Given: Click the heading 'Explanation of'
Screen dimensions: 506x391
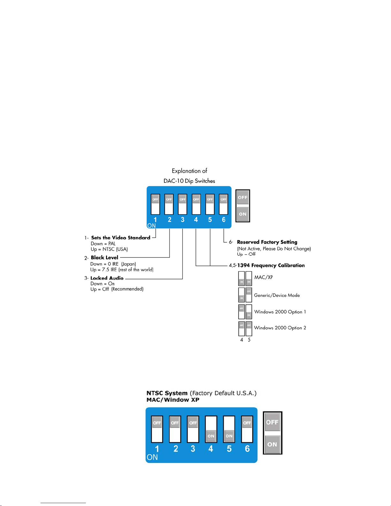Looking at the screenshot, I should pos(189,171).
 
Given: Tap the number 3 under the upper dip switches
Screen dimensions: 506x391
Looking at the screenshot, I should pos(183,220).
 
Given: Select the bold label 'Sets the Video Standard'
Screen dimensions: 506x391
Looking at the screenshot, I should pos(121,238).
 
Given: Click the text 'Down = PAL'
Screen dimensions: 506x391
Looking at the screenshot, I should pos(103,244).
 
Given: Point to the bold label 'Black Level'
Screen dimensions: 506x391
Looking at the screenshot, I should pos(104,257).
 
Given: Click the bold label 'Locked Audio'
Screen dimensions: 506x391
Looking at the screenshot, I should pos(107,278).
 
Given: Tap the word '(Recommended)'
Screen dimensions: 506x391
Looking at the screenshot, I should pos(127,289).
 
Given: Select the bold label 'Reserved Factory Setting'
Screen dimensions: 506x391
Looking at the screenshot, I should pos(267,242).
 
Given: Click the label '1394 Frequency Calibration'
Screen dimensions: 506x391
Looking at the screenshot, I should pos(271,265).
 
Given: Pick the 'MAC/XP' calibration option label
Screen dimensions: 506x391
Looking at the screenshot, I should pos(264,277).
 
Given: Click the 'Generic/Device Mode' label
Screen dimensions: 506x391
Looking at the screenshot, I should pos(277,295).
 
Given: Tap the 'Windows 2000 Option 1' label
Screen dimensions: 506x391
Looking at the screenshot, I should pos(280,312).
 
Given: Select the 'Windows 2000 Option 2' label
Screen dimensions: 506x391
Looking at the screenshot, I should pos(280,328).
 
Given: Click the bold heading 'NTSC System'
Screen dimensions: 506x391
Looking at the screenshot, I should pos(167,393).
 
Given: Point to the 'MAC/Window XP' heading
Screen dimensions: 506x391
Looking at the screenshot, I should pos(173,400).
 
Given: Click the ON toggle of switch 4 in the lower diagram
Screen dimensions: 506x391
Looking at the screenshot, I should pos(211,436).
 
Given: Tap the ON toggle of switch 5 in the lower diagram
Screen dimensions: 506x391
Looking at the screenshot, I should pos(229,436).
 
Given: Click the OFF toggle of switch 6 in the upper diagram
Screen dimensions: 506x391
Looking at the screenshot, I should pos(223,200).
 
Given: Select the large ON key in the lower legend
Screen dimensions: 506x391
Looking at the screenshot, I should pos(272,444).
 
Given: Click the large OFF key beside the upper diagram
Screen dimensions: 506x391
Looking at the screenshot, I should pos(243,197).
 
